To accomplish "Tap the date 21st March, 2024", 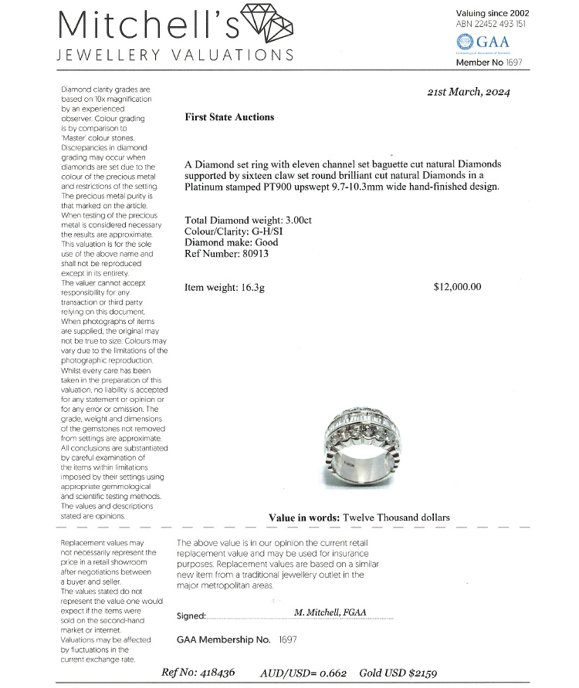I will coord(468,92).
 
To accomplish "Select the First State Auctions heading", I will coord(229,117).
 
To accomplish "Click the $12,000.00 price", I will coord(457,287).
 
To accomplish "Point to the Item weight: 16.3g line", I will coord(225,288).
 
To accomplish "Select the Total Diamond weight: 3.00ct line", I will coord(248,220).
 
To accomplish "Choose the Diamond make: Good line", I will coord(232,242).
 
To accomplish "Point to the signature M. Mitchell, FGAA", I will coord(330,612).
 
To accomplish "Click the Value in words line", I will coord(359,518).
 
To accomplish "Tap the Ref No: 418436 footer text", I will coord(198,673).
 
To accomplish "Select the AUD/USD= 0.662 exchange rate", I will coord(303,673).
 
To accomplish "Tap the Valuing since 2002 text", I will coord(493,13).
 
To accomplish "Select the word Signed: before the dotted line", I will coord(191,616).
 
